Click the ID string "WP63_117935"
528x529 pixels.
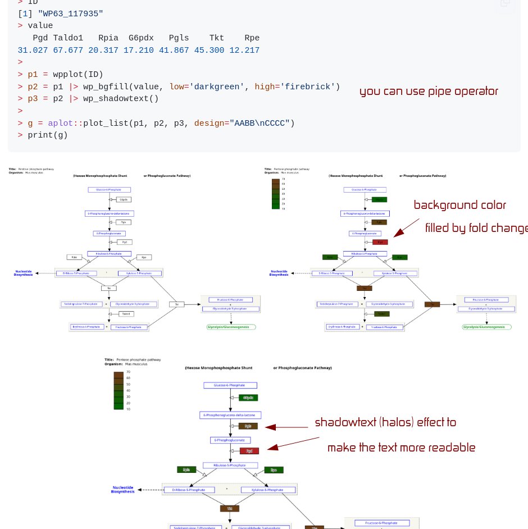pyautogui.click(x=70, y=13)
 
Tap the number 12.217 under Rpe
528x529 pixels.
pyautogui.click(x=244, y=51)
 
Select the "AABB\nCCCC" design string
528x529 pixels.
pyautogui.click(x=260, y=123)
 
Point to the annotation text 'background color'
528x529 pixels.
pyautogui.click(x=459, y=206)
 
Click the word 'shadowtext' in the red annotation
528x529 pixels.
pyautogui.click(x=344, y=422)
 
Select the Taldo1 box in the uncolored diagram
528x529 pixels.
pyautogui.click(x=125, y=314)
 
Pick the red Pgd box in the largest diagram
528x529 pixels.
pyautogui.click(x=249, y=451)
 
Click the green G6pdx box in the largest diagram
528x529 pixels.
pyautogui.click(x=248, y=398)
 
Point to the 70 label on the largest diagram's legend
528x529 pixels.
pyautogui.click(x=128, y=372)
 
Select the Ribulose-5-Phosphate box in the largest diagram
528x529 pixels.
pyautogui.click(x=230, y=466)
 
